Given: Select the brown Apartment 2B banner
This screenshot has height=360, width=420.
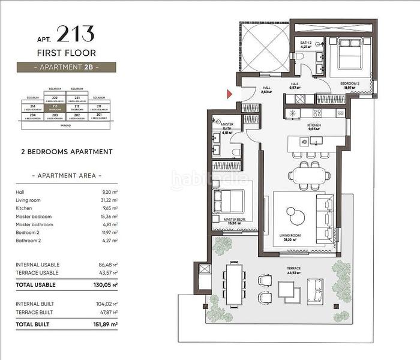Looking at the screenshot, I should pyautogui.click(x=66, y=67).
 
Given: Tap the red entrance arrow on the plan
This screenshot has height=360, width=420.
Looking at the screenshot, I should pyautogui.click(x=229, y=94).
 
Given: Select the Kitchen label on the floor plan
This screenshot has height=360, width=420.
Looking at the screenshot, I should pyautogui.click(x=315, y=125).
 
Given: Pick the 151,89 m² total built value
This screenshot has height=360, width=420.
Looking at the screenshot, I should pyautogui.click(x=106, y=324).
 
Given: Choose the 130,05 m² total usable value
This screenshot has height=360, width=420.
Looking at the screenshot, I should pyautogui.click(x=106, y=284).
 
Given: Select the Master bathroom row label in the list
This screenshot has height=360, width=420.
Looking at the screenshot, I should pyautogui.click(x=35, y=224).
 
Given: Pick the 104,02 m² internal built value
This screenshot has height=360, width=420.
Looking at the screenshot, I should pyautogui.click(x=107, y=304).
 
